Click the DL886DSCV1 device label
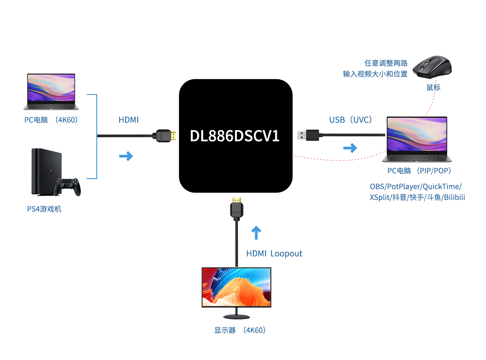coord(235,136)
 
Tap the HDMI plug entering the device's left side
coord(165,135)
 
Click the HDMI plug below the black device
coord(237,208)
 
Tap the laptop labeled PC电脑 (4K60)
coord(51,92)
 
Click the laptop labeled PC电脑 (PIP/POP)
coord(417,139)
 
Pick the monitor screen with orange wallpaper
coord(236,287)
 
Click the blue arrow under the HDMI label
coord(126,156)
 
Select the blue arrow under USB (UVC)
coord(350,148)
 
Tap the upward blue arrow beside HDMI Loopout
coord(256,232)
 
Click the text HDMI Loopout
coord(274,254)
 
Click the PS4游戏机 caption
coord(44,209)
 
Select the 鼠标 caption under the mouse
coord(433,87)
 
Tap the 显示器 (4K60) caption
coord(240,330)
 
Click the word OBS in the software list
coord(378,186)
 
